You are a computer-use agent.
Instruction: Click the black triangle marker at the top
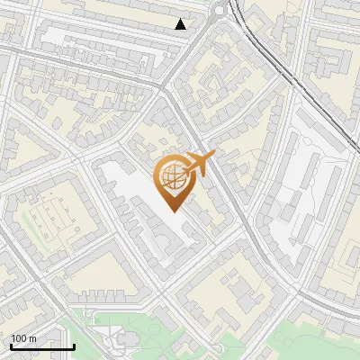pos(181,24)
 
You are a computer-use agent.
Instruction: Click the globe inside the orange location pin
pos(172,177)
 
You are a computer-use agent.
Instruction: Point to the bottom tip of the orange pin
pos(172,211)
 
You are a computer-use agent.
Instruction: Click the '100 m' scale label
pos(23,338)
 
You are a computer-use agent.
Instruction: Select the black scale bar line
pos(42,346)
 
